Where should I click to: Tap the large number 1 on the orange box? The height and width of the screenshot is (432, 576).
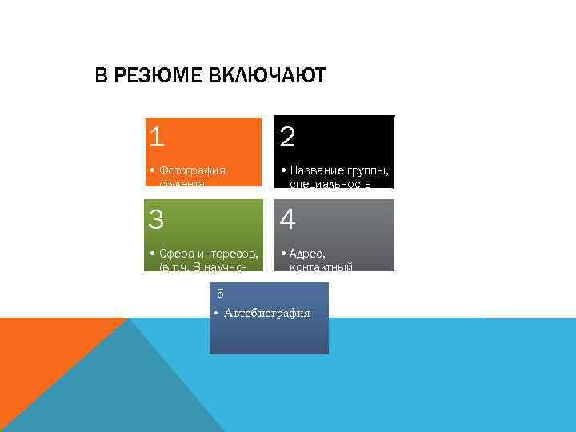157,138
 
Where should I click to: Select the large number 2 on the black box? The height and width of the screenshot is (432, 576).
288,138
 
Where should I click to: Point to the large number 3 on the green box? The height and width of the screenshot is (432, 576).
157,218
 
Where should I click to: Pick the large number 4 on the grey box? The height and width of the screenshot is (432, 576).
288,218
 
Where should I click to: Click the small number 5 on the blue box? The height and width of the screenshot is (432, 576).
220,294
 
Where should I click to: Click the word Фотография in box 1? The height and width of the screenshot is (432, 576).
192,170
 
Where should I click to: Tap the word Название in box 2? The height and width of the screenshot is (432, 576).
315,170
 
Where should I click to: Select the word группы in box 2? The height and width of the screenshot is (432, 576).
366,170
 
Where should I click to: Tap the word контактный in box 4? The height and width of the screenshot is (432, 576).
322,267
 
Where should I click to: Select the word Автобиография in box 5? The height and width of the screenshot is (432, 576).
267,313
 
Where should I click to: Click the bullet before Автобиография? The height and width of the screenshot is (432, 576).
217,313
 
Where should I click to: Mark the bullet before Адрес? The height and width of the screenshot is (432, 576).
283,254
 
